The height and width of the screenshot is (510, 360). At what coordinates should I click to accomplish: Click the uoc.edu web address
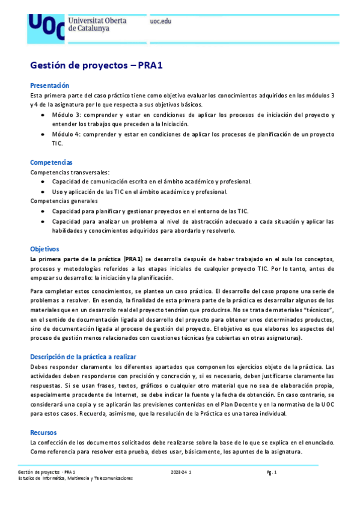(160, 21)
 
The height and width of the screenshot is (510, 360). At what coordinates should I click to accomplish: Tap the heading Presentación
(50, 85)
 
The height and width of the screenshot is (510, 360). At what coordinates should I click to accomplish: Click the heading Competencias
(52, 162)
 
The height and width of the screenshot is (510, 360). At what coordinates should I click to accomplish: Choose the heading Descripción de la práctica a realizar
(84, 356)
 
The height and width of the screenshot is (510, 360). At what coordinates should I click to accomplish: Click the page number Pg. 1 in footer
(272, 473)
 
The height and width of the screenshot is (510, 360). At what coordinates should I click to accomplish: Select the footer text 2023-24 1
(181, 473)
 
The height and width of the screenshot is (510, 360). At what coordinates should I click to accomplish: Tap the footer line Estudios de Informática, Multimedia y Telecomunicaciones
(75, 479)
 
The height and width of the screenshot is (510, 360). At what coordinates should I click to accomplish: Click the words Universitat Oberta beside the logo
(97, 21)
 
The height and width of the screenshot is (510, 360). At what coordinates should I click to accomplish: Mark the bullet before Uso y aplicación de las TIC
(41, 192)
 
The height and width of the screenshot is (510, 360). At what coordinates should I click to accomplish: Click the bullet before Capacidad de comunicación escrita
(41, 182)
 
